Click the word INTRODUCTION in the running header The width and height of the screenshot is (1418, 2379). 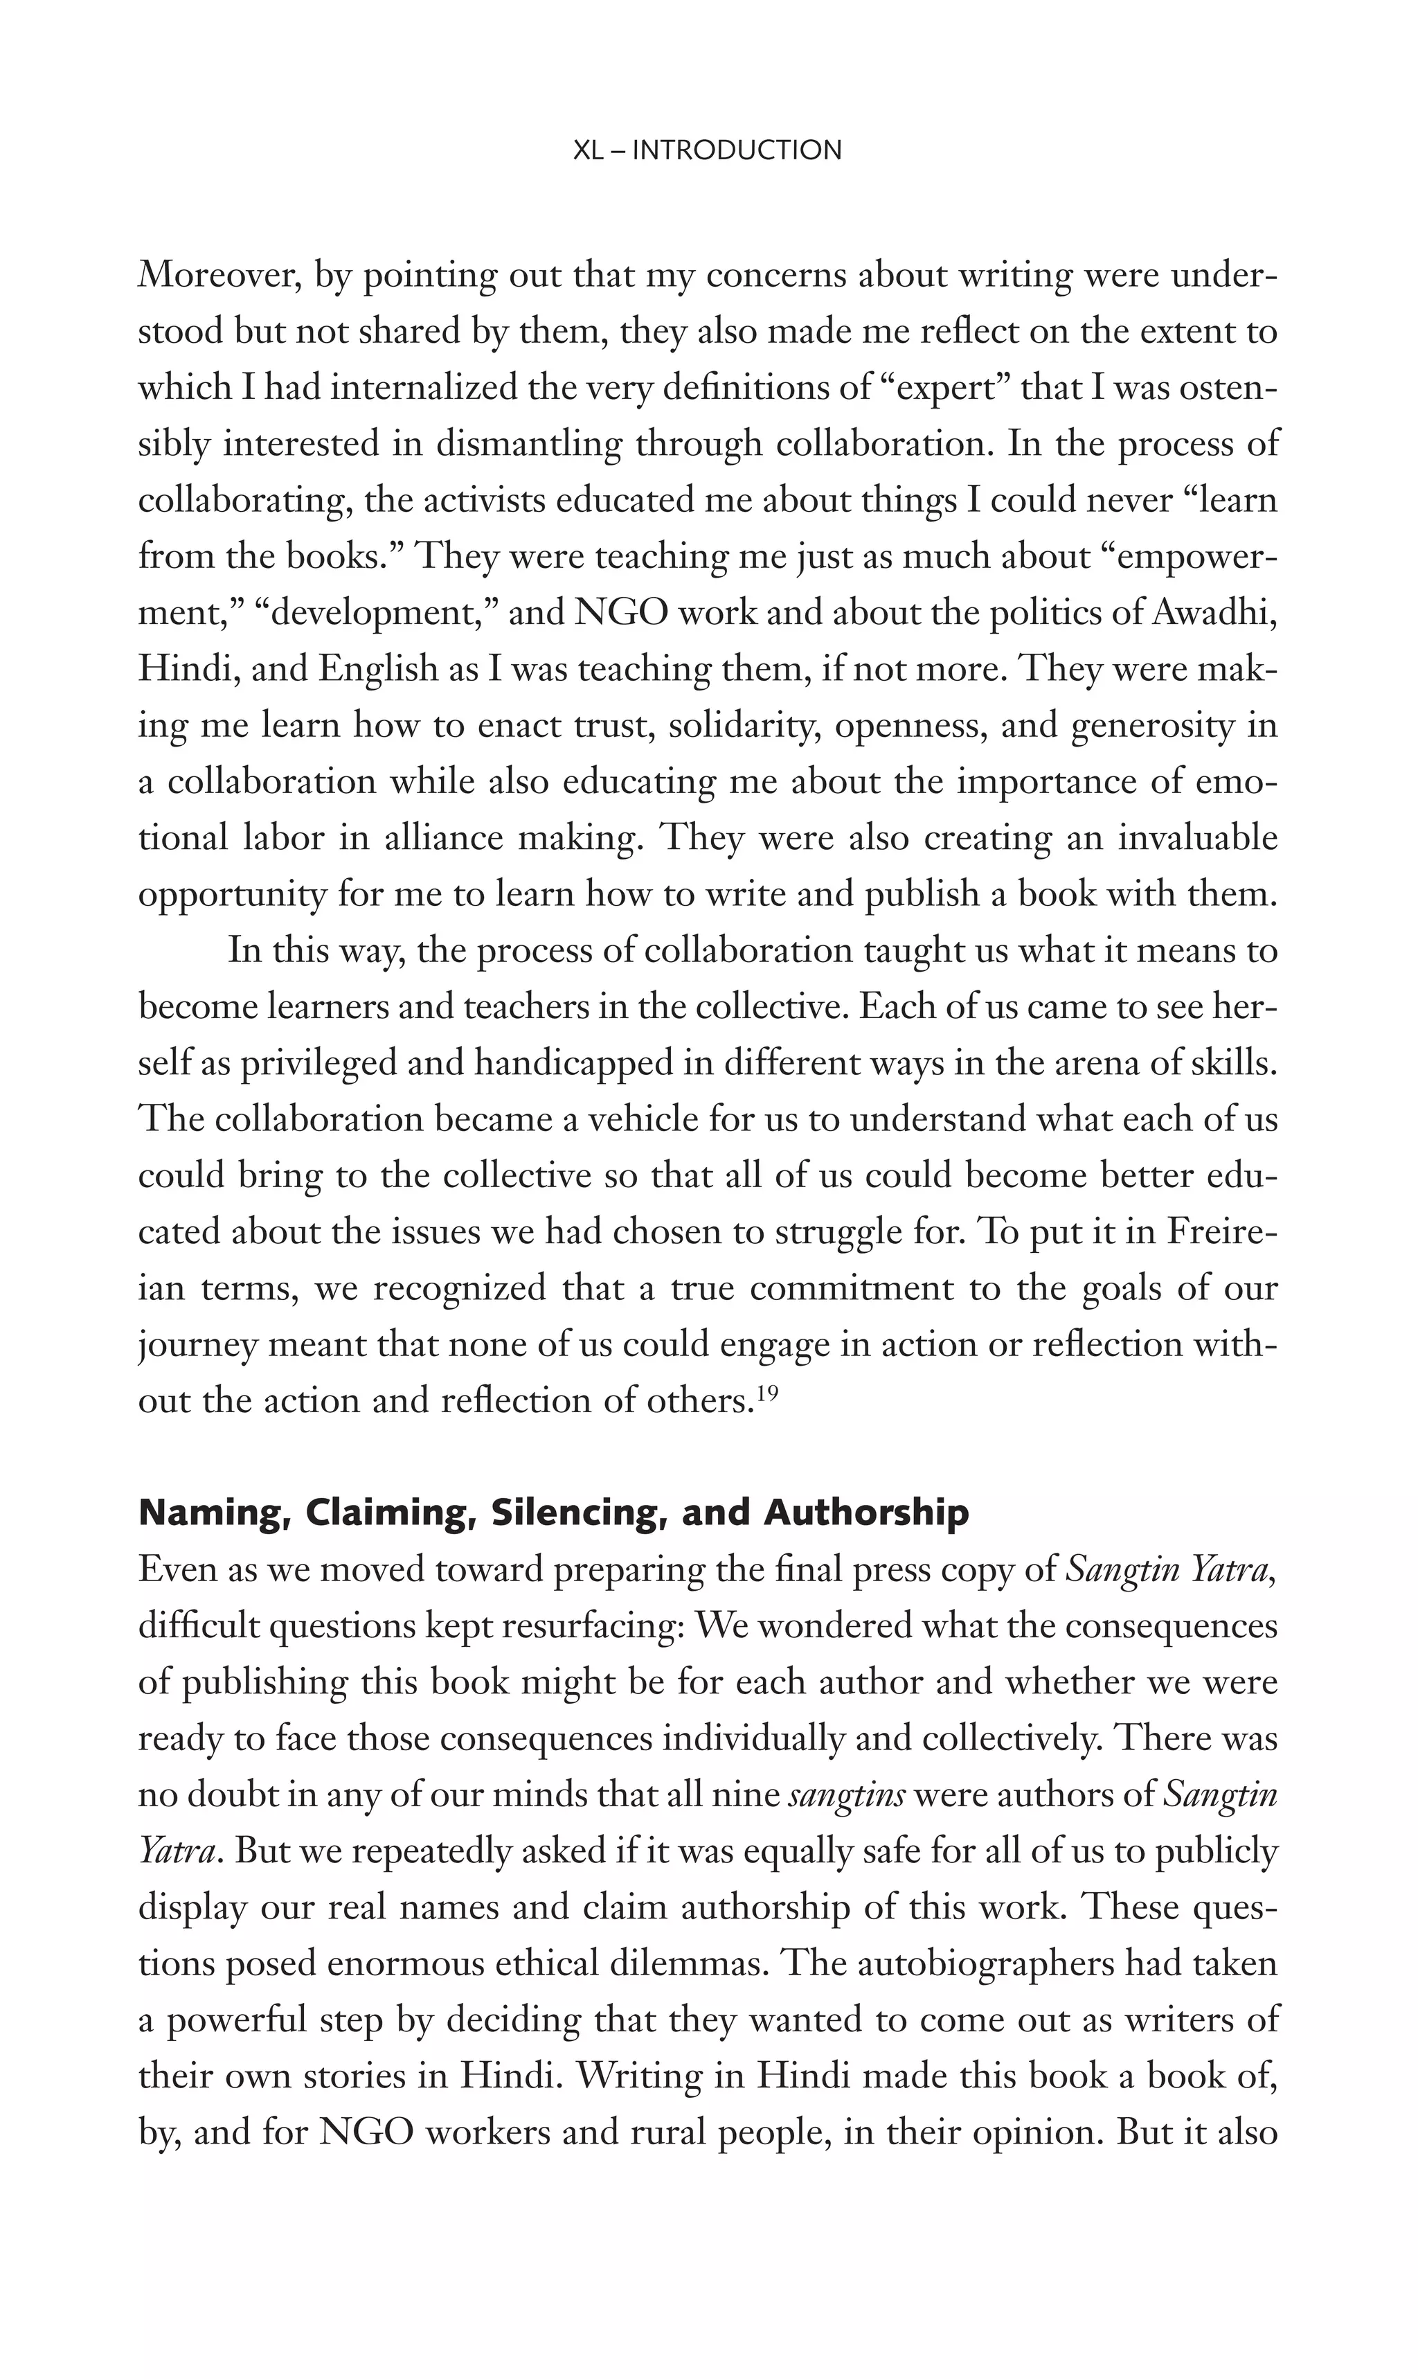pyautogui.click(x=737, y=150)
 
